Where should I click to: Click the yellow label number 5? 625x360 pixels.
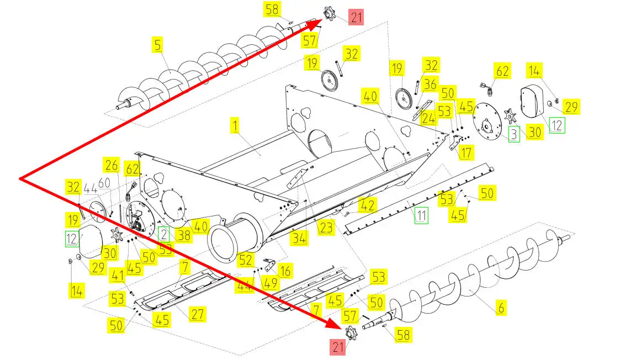(x=158, y=45)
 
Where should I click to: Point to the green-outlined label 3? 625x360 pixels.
(x=514, y=135)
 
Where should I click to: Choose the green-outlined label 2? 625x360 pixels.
(x=164, y=234)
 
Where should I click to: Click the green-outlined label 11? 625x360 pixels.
(x=422, y=215)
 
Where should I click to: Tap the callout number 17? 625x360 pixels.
(x=467, y=152)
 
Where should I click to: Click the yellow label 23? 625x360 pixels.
(x=326, y=226)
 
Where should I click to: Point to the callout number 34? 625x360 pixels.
(x=299, y=239)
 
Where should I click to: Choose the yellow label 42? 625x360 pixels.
(x=368, y=205)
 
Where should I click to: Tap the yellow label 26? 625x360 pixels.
(x=112, y=165)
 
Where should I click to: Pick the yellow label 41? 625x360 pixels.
(x=118, y=274)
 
